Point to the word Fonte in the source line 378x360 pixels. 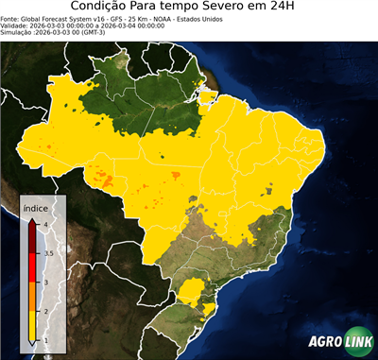coord(10,18)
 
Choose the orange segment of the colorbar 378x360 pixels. coord(33,297)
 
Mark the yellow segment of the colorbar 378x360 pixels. coord(33,325)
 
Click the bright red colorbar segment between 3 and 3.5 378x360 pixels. coord(33,268)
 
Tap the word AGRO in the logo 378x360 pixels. coord(324,342)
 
